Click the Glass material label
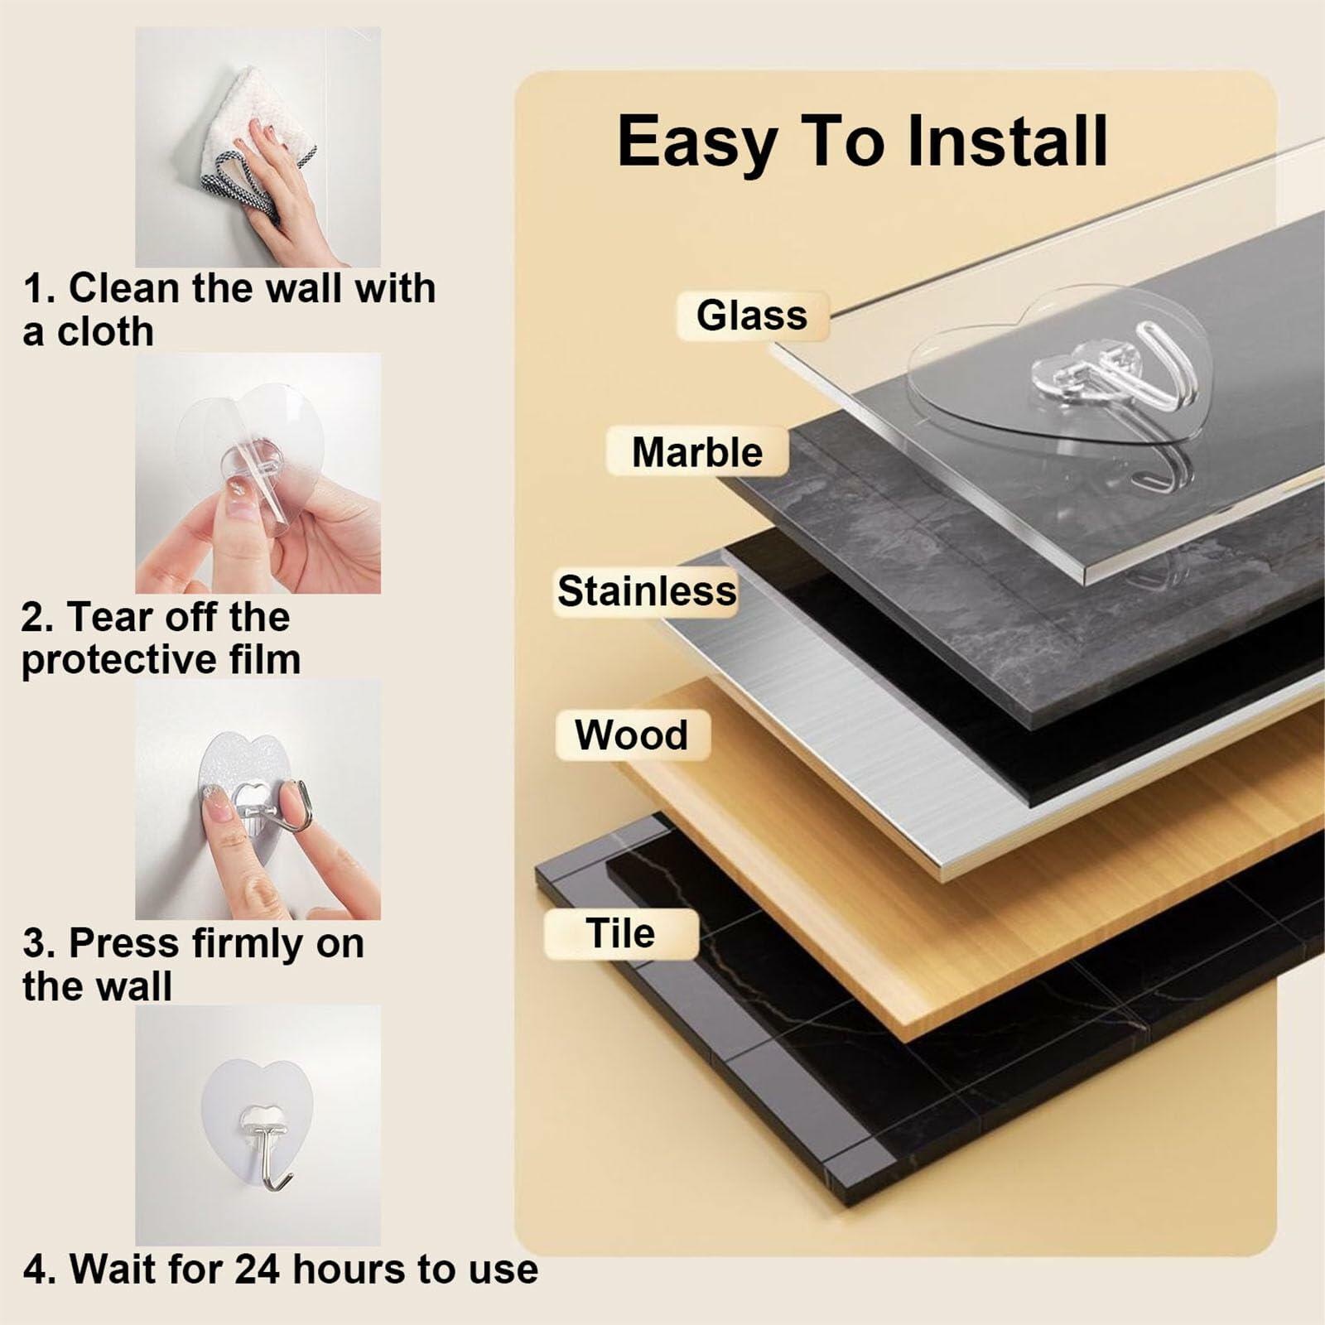point(752,316)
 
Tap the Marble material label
point(696,452)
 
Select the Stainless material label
point(647,591)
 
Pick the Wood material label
point(632,735)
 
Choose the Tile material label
point(620,933)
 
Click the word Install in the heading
point(1007,141)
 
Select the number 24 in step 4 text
point(258,1269)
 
